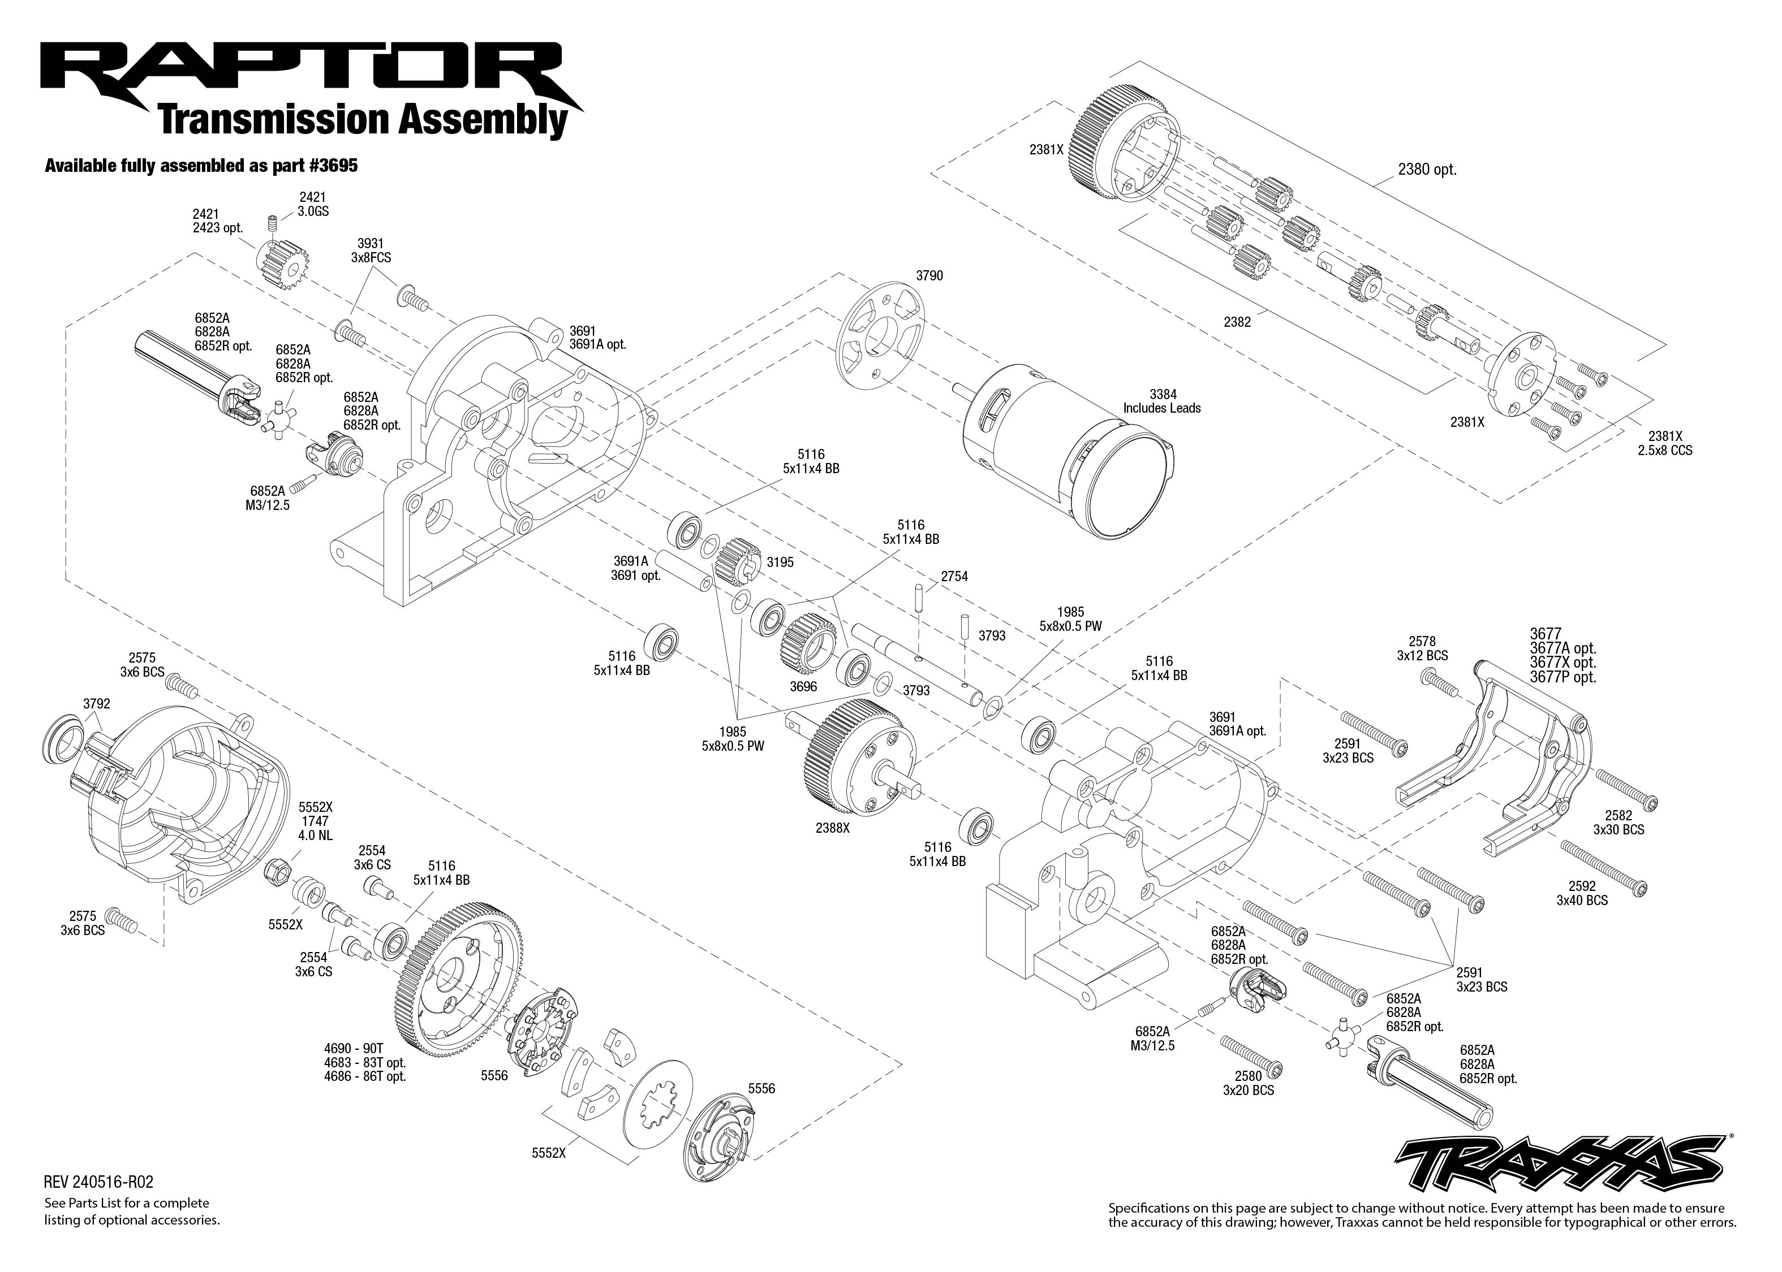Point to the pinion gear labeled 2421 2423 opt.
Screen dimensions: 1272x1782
(283, 267)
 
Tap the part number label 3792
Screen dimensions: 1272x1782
(96, 703)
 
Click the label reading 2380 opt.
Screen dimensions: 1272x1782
(1426, 169)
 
